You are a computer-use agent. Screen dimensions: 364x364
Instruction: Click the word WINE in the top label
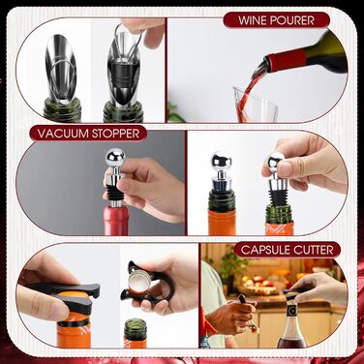coord(252,20)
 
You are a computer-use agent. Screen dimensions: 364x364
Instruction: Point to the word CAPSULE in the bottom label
coord(265,250)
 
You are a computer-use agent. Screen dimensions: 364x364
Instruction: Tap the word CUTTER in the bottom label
coord(313,250)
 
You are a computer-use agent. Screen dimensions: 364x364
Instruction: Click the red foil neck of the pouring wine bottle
coord(288,59)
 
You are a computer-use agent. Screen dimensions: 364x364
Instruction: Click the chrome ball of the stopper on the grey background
coord(115,158)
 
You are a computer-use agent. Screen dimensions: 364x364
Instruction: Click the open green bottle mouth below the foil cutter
coord(136,324)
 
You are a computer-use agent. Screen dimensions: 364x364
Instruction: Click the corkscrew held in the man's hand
coord(249,313)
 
